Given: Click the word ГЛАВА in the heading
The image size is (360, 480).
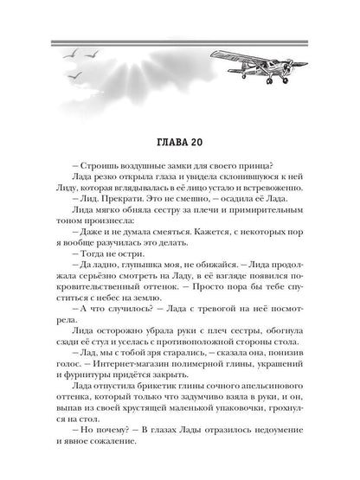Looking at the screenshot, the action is coord(164,142).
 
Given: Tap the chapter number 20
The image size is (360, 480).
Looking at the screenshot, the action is coord(199,142).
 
